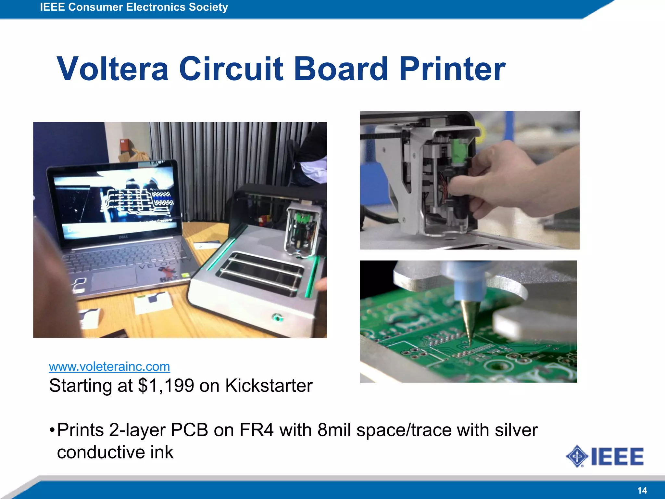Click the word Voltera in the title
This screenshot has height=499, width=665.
[113, 69]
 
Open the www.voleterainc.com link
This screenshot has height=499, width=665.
[109, 366]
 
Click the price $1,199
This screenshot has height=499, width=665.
[166, 386]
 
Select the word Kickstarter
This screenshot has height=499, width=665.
[269, 386]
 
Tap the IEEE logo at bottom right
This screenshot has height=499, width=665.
[605, 456]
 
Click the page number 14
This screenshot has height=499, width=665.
[642, 490]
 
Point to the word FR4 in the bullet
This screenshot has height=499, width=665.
[257, 430]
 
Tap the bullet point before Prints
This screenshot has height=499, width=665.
[52, 431]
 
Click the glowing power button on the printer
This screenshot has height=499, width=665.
[278, 317]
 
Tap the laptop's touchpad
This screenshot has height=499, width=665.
[114, 278]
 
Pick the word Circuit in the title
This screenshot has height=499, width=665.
[231, 69]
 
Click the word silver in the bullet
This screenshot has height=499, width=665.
[516, 430]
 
